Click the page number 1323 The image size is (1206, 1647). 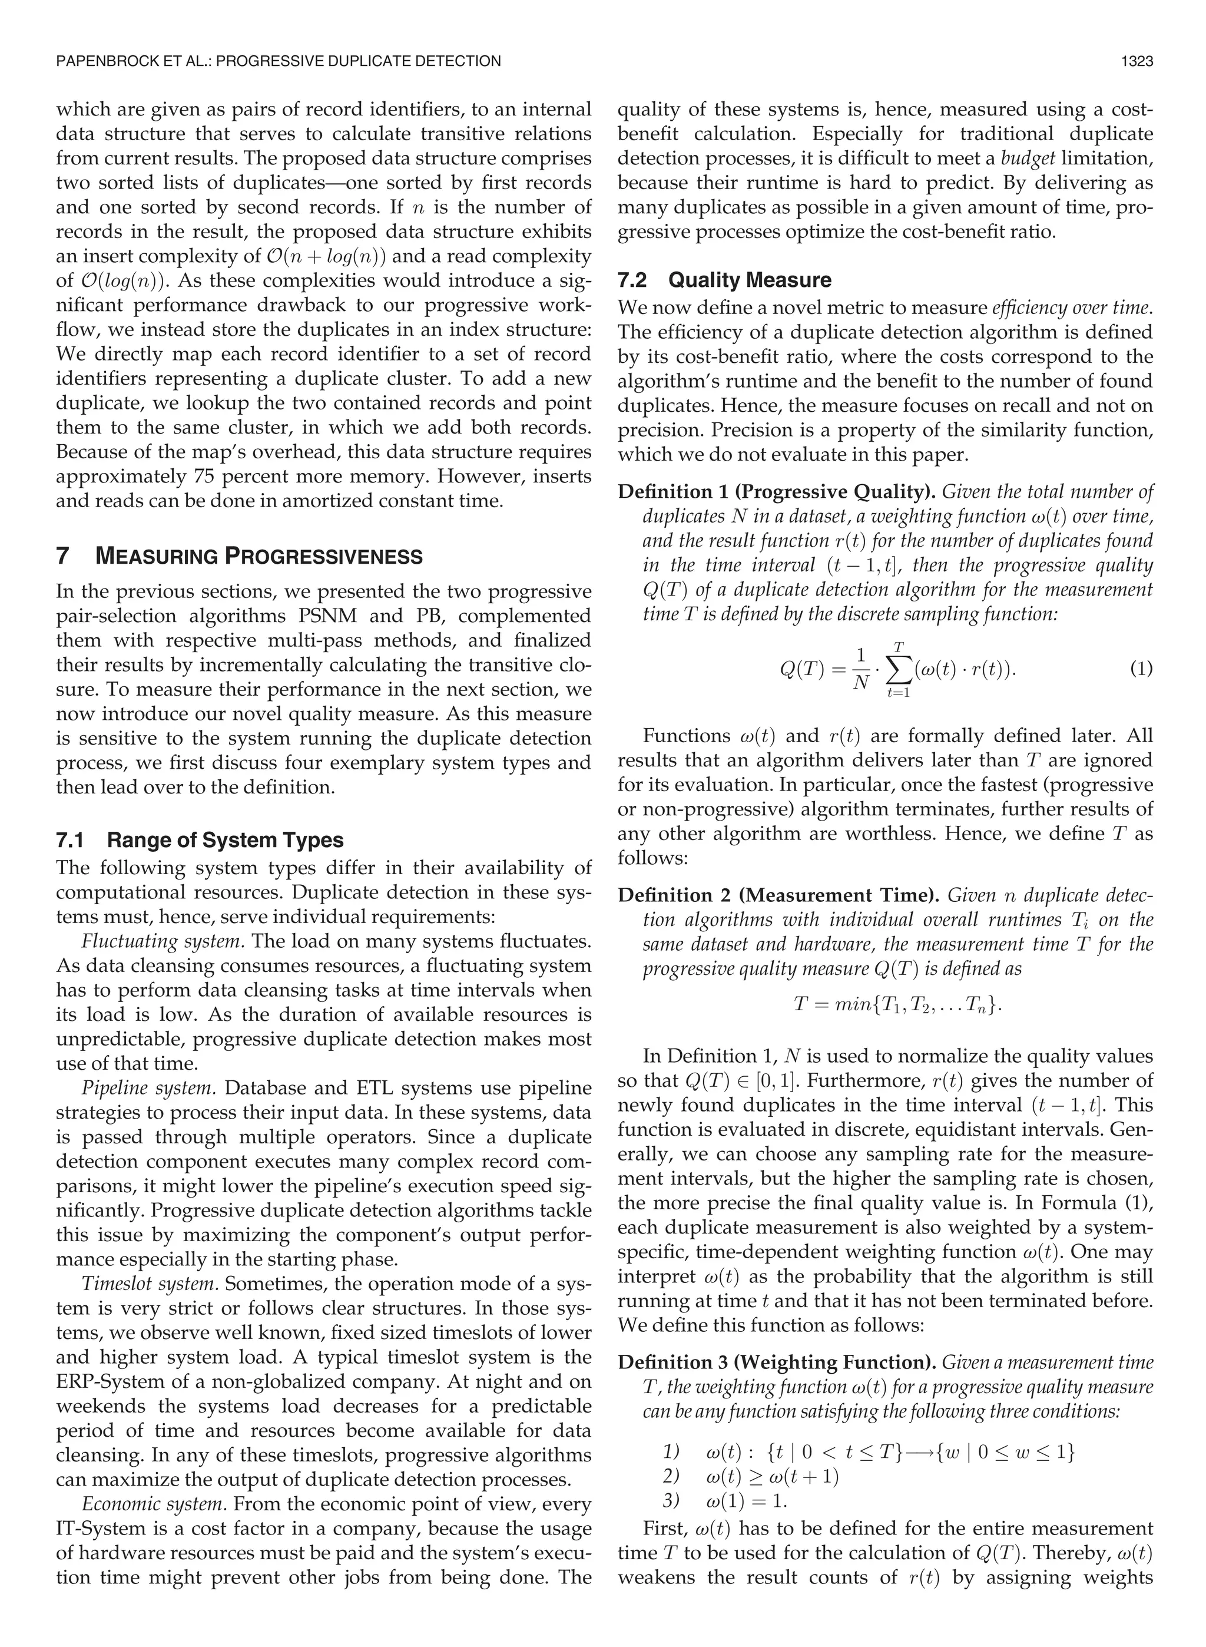(1137, 61)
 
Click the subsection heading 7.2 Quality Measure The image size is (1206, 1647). (724, 280)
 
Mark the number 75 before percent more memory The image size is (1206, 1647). (210, 477)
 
